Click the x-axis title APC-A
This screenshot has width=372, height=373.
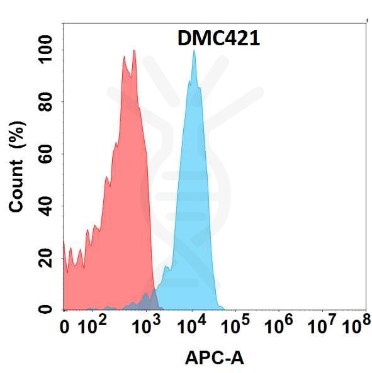(214, 358)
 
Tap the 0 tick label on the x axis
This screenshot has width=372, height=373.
(64, 326)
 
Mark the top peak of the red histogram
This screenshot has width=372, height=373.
(133, 51)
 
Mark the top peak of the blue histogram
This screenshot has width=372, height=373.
(194, 50)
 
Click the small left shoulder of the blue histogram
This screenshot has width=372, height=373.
(166, 269)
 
